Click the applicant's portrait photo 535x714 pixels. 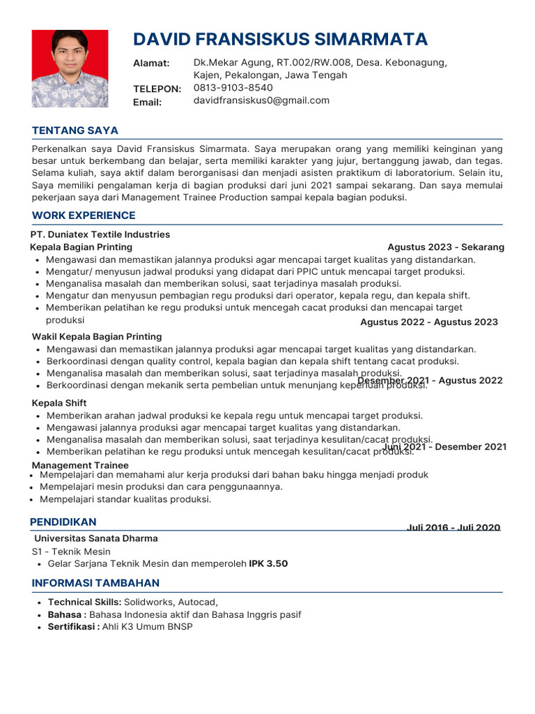70,68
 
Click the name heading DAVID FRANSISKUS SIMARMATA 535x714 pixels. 280,38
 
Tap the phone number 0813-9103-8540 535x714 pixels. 233,88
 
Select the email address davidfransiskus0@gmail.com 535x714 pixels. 261,100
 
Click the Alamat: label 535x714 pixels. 151,63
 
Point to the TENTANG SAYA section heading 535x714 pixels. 75,130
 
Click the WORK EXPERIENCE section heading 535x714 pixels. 84,215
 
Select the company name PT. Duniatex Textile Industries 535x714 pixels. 100,234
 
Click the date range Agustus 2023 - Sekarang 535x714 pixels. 446,247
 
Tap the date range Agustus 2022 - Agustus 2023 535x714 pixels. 429,322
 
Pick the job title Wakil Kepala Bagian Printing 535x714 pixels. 97,337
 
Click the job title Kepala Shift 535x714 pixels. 59,403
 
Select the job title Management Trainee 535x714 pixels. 80,465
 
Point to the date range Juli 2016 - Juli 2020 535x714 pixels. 453,528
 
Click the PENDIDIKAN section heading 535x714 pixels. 63,522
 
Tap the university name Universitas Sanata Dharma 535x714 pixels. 96,538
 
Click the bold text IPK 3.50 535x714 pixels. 268,563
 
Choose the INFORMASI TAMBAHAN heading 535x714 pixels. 95,583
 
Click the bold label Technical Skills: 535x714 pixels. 84,602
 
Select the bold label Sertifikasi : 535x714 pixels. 73,627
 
